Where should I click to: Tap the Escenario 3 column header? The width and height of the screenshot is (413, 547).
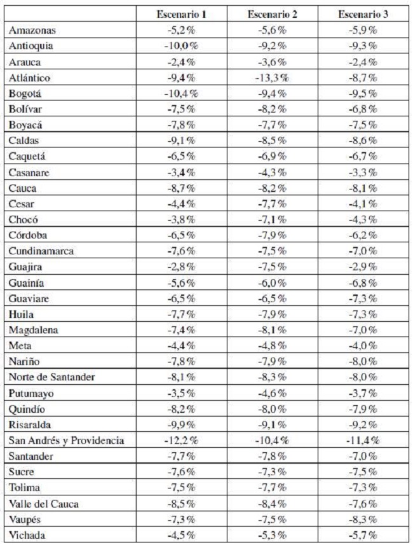coord(360,14)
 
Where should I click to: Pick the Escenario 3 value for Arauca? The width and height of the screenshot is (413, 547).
coord(360,62)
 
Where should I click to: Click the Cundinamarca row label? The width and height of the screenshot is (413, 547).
coord(41,251)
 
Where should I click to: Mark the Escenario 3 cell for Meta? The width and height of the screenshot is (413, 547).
coord(360,345)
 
